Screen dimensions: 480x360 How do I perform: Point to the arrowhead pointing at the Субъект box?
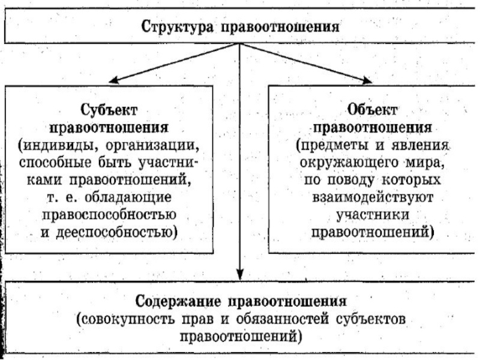tap(111, 80)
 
